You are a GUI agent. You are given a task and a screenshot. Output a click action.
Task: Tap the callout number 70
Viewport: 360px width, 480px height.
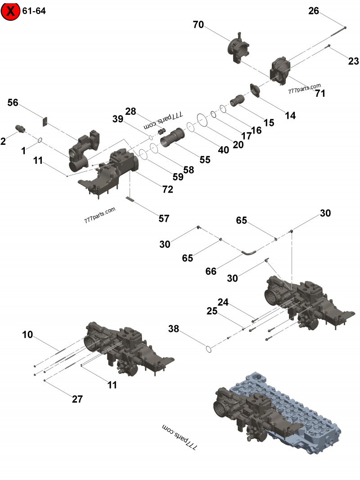[198, 25]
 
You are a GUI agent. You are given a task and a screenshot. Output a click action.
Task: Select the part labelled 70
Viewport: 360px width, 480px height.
[239, 48]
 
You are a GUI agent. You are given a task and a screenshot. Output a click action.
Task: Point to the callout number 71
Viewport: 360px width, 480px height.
[320, 94]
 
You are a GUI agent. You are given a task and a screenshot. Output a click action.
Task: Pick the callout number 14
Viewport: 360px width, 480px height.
[290, 116]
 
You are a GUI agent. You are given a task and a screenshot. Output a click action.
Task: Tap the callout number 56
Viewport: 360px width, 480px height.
[13, 103]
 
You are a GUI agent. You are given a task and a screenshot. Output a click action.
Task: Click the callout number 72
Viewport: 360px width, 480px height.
[168, 189]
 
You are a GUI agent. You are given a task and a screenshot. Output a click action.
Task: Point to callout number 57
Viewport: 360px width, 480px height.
[164, 219]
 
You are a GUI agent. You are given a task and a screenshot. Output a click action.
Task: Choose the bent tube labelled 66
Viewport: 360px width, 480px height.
[249, 253]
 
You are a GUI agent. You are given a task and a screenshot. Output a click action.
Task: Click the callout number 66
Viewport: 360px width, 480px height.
[211, 271]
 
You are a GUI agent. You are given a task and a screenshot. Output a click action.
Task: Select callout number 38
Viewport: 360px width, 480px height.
[174, 329]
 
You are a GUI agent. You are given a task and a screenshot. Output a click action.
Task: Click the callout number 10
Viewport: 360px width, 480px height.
[27, 334]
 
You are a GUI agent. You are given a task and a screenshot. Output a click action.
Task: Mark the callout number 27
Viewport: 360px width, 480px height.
[77, 399]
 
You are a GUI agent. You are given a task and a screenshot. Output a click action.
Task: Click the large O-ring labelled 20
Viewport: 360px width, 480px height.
[202, 119]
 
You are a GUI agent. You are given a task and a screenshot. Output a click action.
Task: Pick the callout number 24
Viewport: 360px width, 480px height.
[224, 302]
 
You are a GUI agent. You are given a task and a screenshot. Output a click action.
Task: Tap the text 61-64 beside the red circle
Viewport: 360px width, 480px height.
[34, 10]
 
